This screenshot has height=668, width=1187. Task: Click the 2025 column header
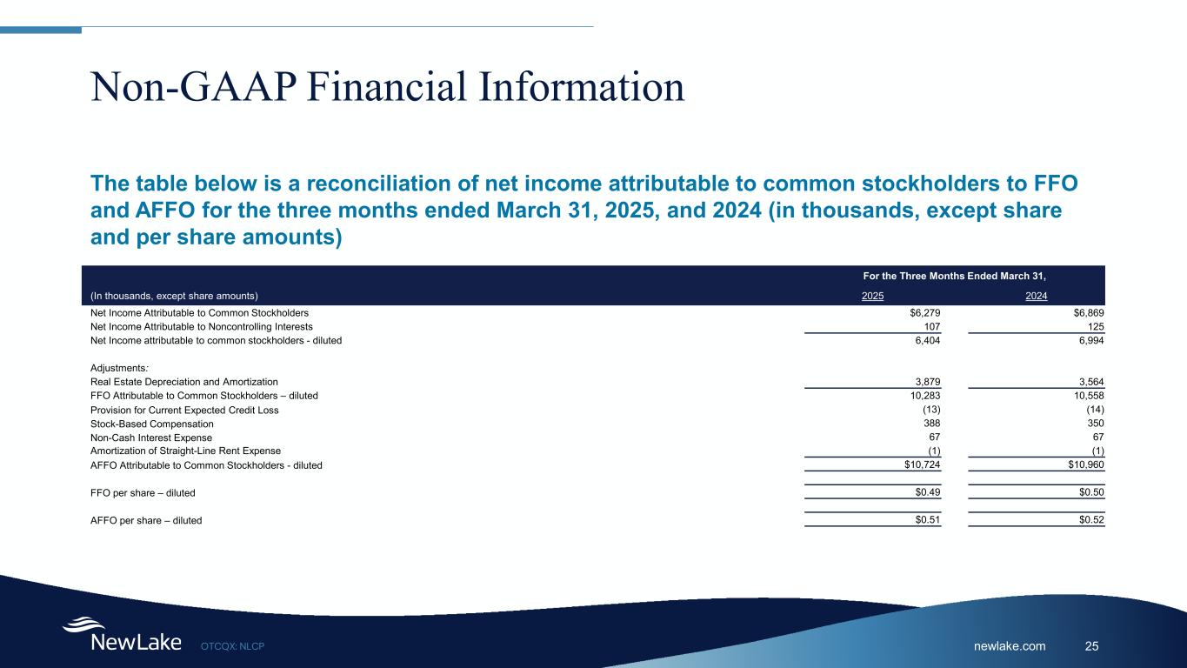pyautogui.click(x=872, y=296)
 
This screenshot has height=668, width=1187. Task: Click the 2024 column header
pyautogui.click(x=1036, y=296)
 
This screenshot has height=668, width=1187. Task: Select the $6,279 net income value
pyautogui.click(x=924, y=313)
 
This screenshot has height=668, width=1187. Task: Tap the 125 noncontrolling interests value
pyautogui.click(x=1096, y=326)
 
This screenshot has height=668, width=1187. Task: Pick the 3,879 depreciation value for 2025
pyautogui.click(x=927, y=382)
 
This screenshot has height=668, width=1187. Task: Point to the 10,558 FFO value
pyautogui.click(x=1089, y=396)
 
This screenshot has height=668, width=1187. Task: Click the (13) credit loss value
pyautogui.click(x=931, y=410)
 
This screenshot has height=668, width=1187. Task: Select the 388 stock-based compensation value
pyautogui.click(x=931, y=423)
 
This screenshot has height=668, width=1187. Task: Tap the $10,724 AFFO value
pyautogui.click(x=922, y=465)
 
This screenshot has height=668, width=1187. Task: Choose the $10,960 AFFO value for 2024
pyautogui.click(x=1086, y=465)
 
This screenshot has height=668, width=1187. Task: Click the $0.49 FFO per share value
pyautogui.click(x=927, y=492)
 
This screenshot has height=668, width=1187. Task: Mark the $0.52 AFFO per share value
pyautogui.click(x=1091, y=519)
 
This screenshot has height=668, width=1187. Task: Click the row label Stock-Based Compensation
pyautogui.click(x=152, y=424)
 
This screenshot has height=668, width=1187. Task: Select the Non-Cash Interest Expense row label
pyautogui.click(x=151, y=438)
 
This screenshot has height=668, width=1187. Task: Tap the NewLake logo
pyautogui.click(x=123, y=634)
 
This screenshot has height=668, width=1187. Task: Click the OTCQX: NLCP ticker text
pyautogui.click(x=232, y=646)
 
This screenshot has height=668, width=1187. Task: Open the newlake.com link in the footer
pyautogui.click(x=1010, y=646)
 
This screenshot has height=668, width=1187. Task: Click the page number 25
pyautogui.click(x=1091, y=646)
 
